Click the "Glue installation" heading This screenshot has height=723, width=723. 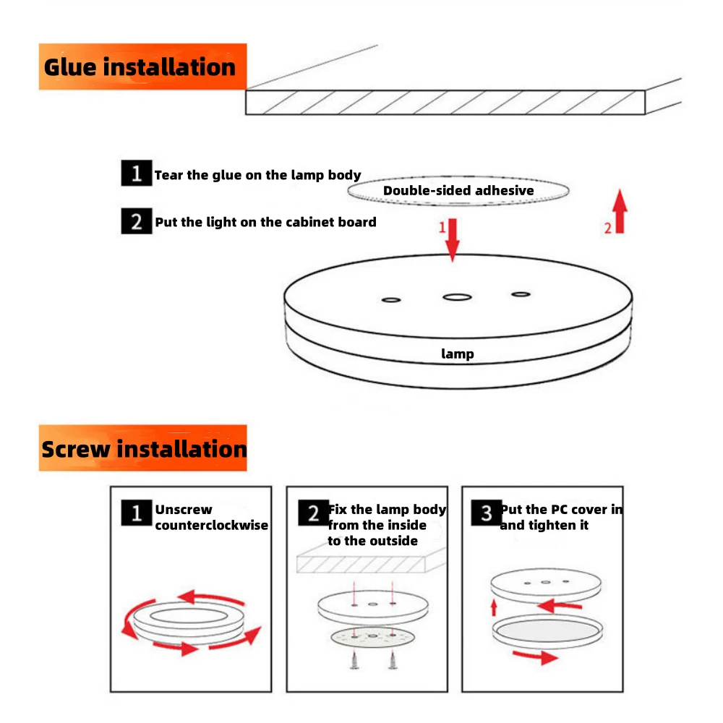click(140, 67)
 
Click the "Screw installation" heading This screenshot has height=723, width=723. click(144, 449)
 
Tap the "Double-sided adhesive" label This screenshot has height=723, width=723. click(458, 191)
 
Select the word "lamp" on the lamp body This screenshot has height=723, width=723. click(458, 354)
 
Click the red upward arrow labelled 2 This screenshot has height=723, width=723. click(620, 212)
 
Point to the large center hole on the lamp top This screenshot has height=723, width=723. click(455, 296)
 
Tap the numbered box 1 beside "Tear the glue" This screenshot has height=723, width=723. click(136, 174)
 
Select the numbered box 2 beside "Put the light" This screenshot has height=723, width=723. click(136, 221)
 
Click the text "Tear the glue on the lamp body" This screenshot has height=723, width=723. click(257, 175)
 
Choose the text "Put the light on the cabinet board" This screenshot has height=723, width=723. click(265, 222)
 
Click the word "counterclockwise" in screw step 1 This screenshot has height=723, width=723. click(211, 526)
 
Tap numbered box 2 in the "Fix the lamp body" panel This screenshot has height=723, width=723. click(313, 514)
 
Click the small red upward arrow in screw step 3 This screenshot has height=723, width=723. click(494, 606)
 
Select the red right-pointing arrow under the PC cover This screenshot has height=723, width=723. click(535, 656)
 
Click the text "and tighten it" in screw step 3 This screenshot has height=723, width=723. click(544, 526)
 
